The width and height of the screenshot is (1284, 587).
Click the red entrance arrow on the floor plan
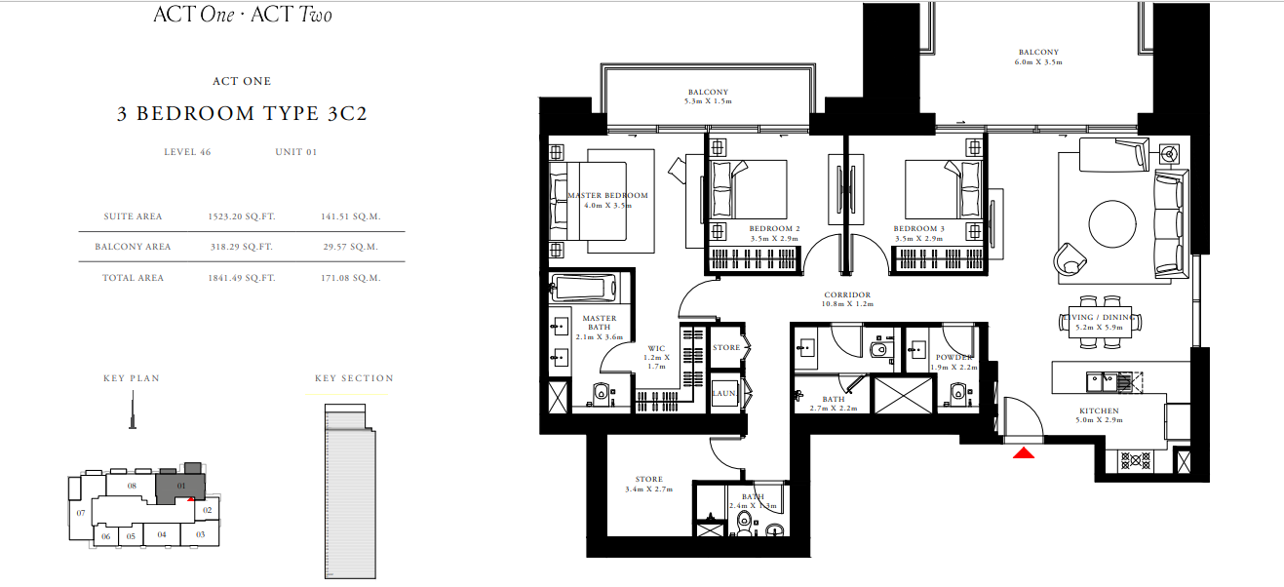1023,453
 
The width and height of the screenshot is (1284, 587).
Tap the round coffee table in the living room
1112,223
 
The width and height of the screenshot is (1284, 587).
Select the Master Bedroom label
607,195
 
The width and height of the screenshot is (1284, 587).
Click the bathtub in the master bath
583,288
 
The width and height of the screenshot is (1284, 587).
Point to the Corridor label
847,294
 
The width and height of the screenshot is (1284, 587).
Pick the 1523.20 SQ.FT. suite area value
242,216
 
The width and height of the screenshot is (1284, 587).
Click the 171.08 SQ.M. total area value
350,278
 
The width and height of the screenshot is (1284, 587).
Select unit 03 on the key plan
200,534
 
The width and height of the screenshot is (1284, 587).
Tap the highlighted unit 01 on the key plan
180,487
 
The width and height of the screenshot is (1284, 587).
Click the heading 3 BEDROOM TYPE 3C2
242,113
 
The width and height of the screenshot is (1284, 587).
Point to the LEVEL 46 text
187,152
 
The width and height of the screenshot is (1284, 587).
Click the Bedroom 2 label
774,228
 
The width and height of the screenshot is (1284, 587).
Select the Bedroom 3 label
918,228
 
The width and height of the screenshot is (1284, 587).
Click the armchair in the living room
1070,259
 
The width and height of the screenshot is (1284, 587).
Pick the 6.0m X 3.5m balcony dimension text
1038,61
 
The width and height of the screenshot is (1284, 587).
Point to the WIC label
656,348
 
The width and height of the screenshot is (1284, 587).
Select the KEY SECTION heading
354,378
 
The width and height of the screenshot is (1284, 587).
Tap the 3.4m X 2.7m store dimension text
649,489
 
